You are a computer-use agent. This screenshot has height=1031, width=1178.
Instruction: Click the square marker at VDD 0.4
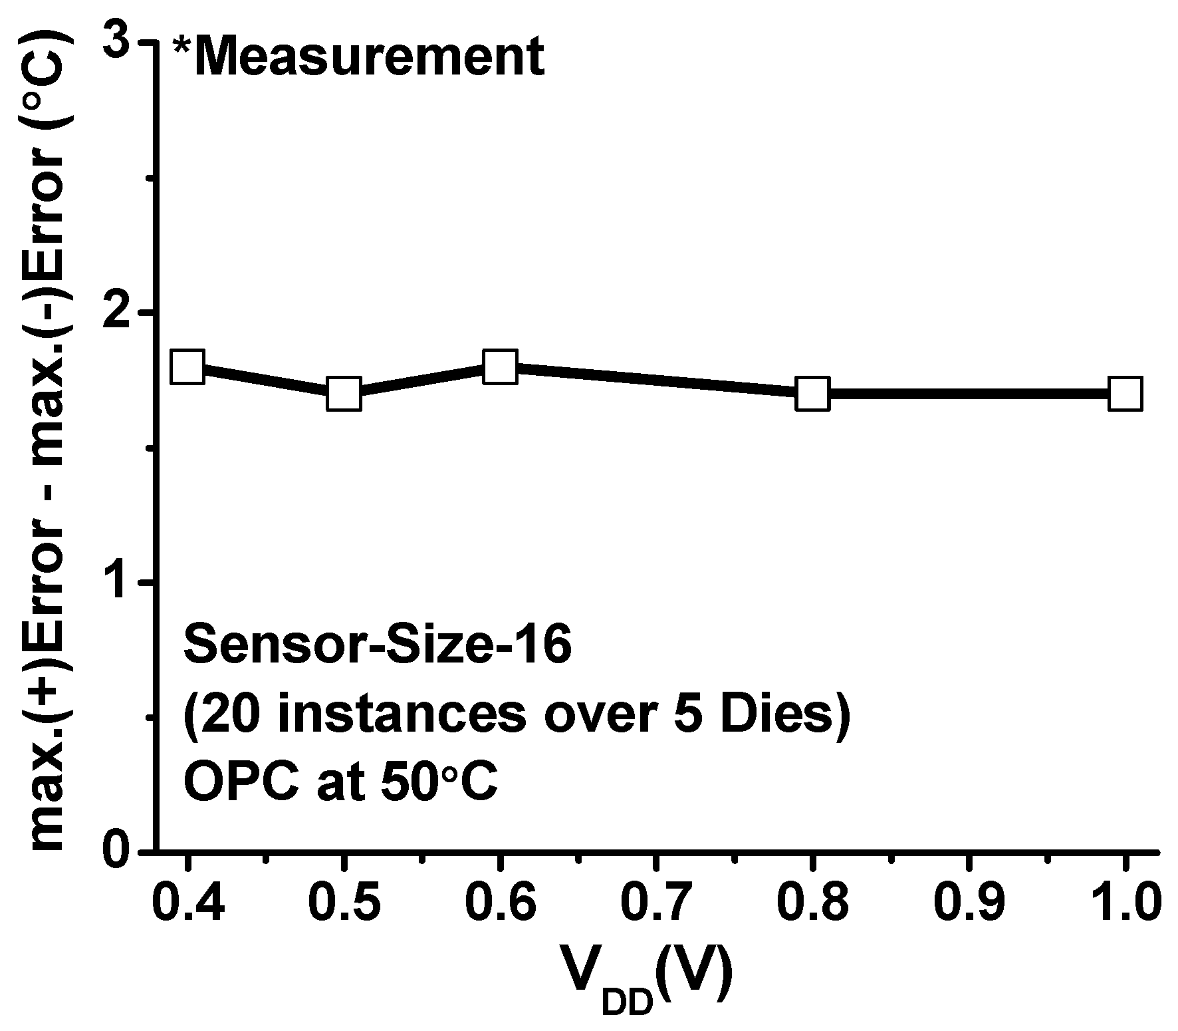[x=187, y=367]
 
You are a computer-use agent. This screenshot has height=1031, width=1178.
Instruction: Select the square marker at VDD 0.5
[x=344, y=394]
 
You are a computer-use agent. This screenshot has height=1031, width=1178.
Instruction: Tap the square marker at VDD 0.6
[x=500, y=367]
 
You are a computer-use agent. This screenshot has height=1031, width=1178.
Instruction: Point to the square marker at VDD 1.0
[x=1125, y=394]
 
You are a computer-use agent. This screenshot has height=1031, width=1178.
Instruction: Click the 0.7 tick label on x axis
[x=656, y=903]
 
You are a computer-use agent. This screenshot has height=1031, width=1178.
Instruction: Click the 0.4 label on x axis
[x=187, y=903]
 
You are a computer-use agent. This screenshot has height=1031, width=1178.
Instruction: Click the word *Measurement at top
[x=359, y=58]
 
